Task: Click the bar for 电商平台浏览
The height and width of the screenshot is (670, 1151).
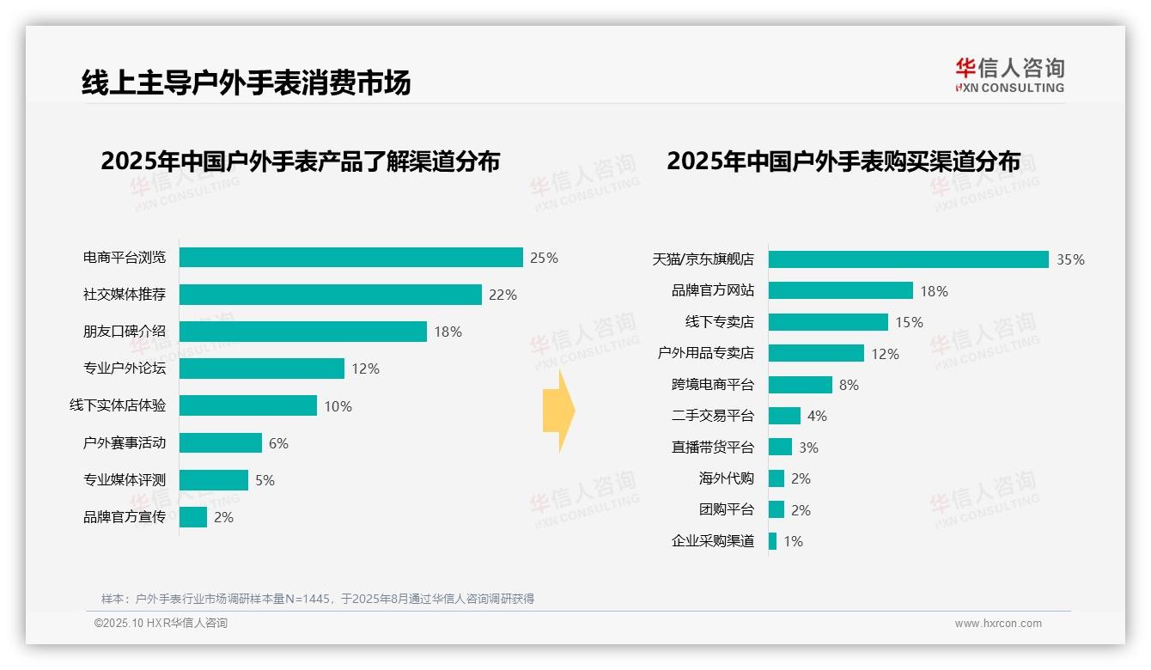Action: [350, 258]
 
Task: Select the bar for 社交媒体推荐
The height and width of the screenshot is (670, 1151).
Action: [330, 295]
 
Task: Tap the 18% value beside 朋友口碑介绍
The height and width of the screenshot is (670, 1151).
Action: [448, 332]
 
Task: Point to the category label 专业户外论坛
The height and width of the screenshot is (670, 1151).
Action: [125, 368]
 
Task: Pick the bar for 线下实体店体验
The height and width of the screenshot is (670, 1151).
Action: [247, 405]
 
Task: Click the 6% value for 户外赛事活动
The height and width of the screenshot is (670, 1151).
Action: [278, 443]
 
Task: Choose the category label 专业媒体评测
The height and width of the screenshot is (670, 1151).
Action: [125, 480]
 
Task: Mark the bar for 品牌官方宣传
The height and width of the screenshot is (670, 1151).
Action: [193, 517]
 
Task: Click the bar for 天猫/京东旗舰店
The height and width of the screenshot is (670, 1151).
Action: [908, 259]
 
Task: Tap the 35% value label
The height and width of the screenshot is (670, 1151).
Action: [1070, 259]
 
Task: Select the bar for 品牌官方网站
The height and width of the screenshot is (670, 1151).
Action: [840, 290]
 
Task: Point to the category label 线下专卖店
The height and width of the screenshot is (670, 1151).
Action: [719, 322]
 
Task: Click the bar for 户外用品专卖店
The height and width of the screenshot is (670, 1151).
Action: [816, 353]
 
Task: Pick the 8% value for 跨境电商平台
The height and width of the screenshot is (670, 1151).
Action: [849, 385]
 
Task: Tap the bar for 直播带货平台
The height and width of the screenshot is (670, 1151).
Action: [780, 447]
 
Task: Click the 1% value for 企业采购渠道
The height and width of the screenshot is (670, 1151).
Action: [793, 541]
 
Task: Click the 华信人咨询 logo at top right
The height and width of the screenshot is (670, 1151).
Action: [1009, 76]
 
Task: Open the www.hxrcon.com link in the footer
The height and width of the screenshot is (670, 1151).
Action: [998, 624]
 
